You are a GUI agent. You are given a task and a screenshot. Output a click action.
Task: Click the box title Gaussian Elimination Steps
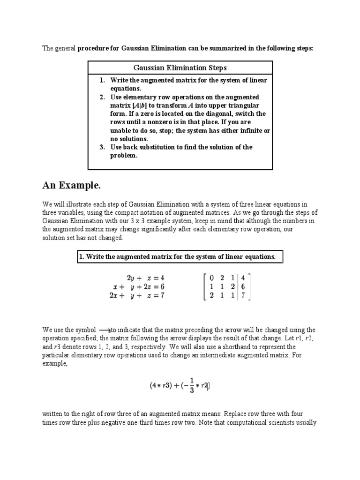point(180,68)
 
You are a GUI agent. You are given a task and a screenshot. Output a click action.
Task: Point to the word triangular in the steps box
point(242,105)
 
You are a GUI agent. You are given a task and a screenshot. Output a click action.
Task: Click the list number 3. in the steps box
point(102,147)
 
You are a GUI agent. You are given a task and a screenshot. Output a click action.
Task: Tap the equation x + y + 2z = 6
point(139,286)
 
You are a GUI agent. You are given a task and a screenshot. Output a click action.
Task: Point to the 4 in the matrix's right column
point(243,277)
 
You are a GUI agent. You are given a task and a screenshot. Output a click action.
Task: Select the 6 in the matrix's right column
point(243,286)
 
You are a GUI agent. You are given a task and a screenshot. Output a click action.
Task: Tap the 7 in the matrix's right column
point(243,296)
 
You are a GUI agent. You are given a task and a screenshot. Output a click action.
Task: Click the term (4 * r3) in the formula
point(159,386)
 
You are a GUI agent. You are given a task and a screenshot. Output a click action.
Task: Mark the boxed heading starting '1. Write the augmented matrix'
point(179,256)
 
